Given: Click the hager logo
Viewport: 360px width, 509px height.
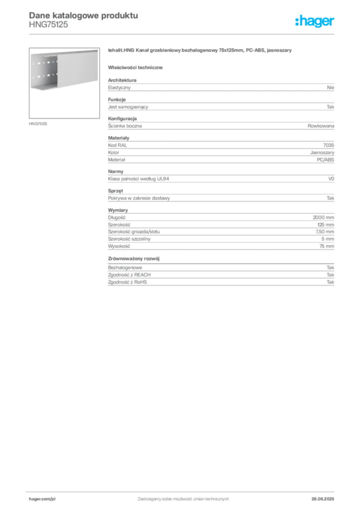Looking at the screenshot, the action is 315,21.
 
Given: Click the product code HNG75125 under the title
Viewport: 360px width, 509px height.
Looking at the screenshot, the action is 48,25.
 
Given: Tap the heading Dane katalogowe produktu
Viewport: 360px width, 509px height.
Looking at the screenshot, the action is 84,15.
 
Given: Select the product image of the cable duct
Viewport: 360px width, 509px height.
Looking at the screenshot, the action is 64,83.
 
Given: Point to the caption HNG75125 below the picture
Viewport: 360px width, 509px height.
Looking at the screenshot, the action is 38,124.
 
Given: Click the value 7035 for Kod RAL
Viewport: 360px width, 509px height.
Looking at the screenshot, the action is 329,145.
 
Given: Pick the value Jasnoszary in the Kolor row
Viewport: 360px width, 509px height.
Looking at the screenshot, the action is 322,153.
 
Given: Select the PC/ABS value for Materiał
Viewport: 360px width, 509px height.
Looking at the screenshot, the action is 326,160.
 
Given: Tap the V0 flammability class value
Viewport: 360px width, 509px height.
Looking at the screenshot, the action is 331,179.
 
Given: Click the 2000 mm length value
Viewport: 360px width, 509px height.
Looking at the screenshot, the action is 323,218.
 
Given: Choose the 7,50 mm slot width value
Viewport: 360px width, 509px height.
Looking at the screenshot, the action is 325,232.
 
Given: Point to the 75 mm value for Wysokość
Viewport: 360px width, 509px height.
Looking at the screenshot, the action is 327,246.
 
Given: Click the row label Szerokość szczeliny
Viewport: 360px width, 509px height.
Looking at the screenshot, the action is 129,239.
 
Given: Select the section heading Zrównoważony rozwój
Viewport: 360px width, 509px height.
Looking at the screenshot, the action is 134,258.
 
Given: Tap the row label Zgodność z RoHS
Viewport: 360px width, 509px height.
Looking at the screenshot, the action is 127,282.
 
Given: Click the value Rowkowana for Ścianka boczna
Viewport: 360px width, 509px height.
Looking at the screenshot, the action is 321,126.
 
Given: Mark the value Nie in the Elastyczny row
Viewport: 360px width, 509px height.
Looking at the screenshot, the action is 331,87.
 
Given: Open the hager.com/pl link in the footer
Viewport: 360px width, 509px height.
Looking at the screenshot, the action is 42,499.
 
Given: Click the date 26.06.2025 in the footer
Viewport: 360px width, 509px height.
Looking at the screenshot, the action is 323,499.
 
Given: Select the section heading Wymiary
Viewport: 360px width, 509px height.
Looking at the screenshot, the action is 118,210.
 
